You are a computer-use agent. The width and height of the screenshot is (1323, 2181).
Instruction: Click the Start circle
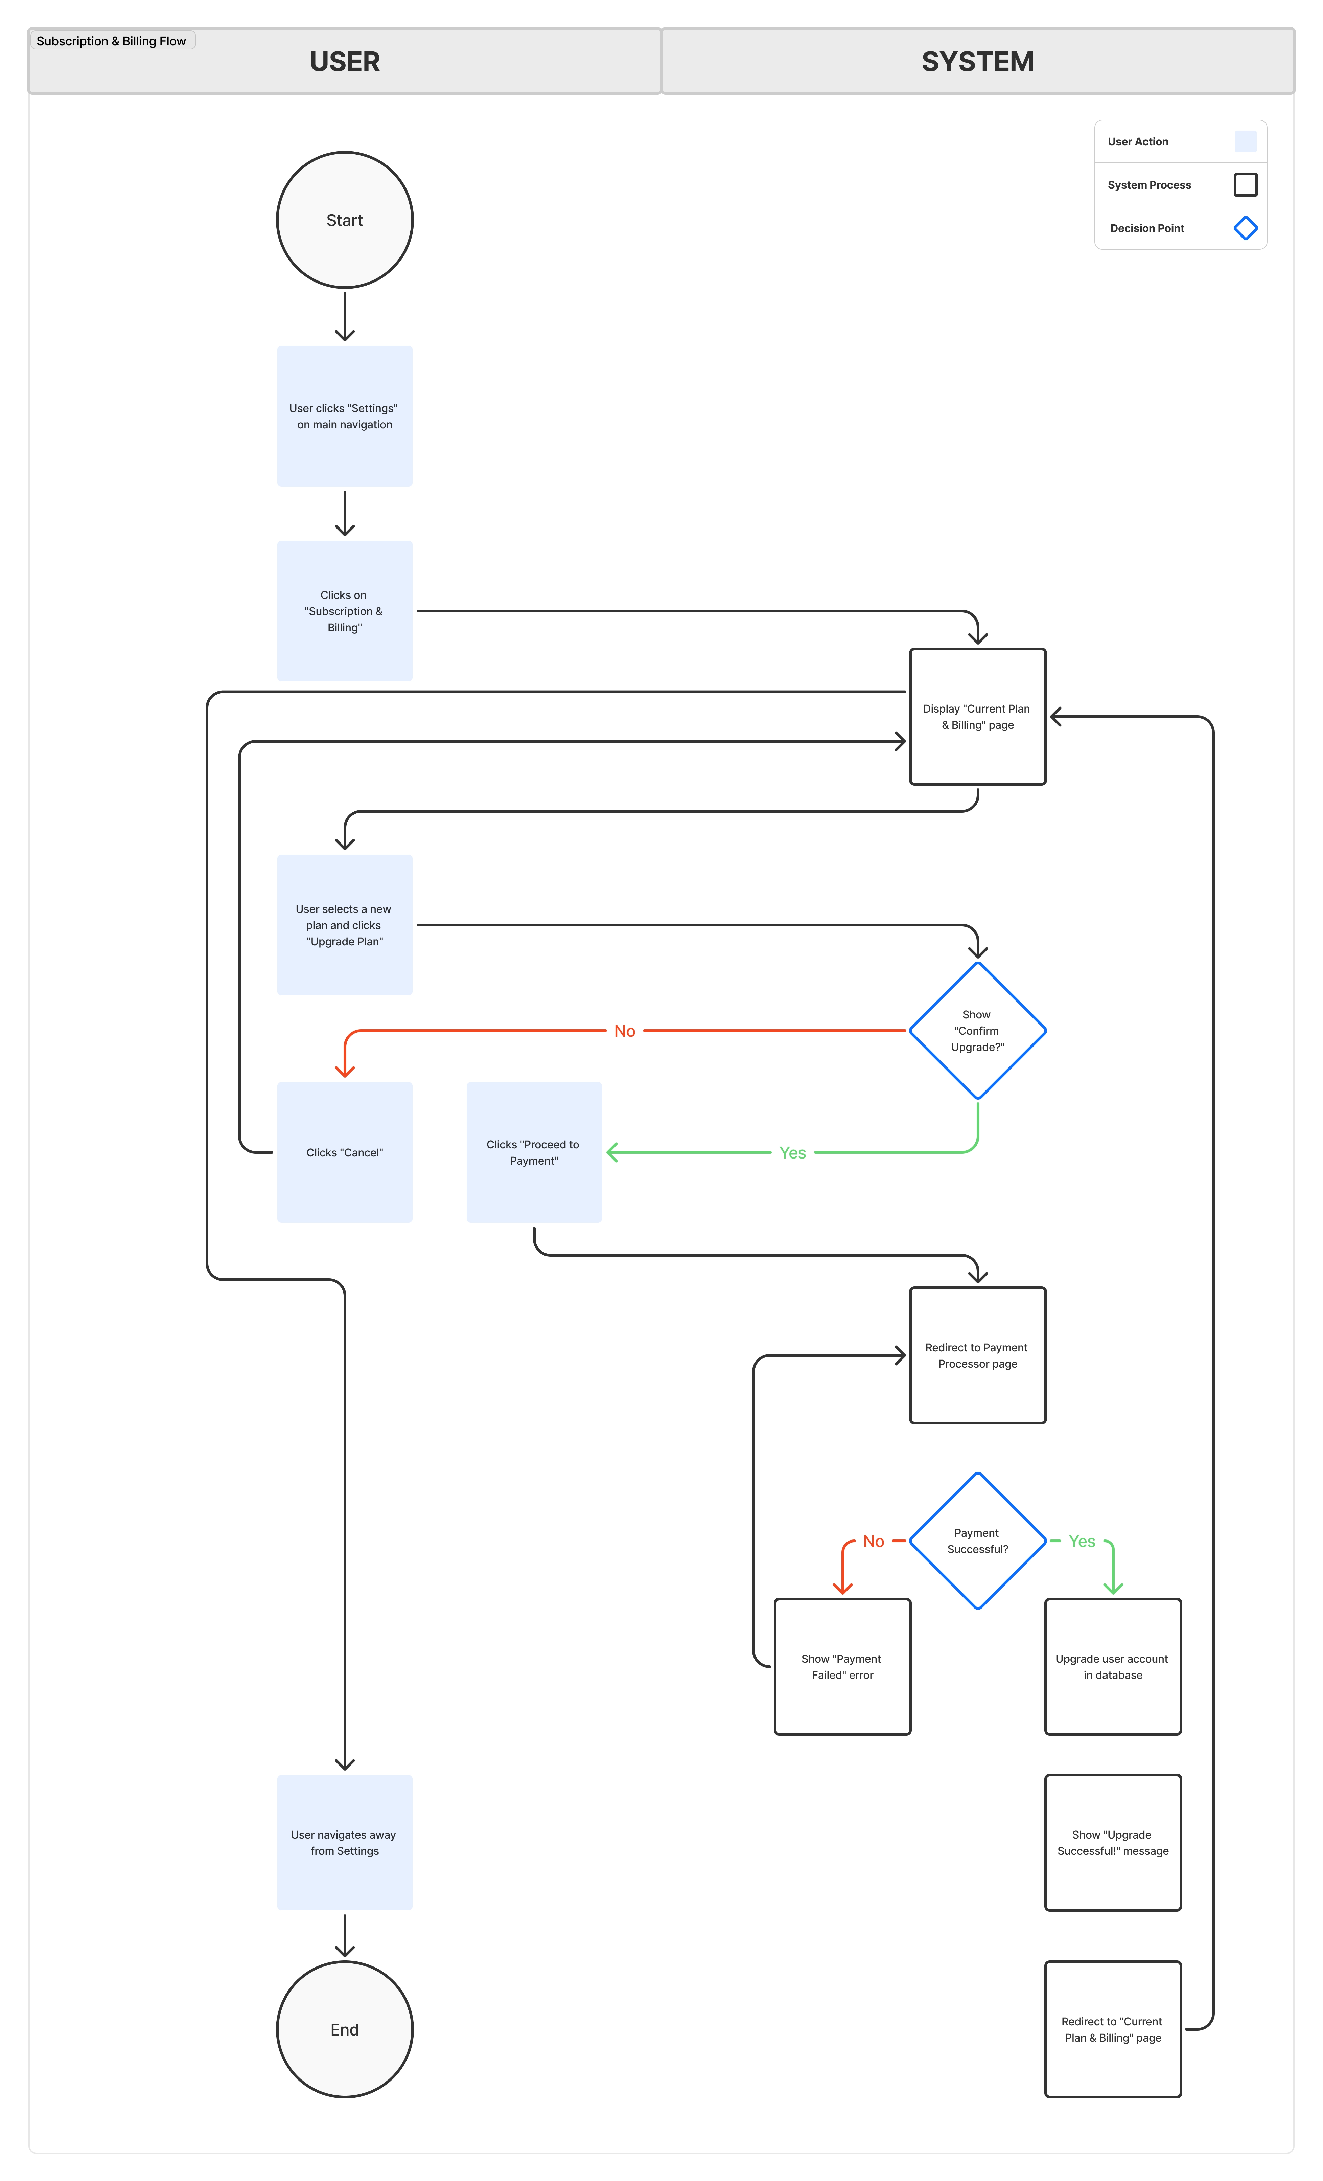tap(344, 220)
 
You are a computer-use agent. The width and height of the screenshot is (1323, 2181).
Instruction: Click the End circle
tap(344, 2029)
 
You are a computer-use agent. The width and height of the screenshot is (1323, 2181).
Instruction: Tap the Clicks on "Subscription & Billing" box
tap(344, 611)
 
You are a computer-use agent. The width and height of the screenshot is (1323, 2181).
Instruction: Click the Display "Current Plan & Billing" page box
tap(977, 716)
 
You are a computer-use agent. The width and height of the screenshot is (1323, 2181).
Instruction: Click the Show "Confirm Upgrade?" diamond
tap(977, 1030)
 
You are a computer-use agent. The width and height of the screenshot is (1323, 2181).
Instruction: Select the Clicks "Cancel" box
tap(344, 1152)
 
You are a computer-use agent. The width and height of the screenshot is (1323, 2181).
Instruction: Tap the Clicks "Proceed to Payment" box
tap(534, 1152)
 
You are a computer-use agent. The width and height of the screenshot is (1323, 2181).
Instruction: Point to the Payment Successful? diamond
tap(977, 1540)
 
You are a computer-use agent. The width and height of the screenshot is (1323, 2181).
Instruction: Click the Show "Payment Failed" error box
tap(842, 1666)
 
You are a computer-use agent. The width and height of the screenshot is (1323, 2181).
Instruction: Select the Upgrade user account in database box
tap(1112, 1666)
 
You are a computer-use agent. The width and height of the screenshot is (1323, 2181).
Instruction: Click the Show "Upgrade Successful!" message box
tap(1112, 1842)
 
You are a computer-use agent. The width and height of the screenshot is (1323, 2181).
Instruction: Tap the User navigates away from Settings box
tap(344, 1842)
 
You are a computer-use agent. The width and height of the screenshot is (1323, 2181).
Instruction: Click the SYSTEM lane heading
tap(977, 61)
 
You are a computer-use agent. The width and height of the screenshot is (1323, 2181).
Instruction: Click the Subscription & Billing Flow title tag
tap(112, 41)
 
